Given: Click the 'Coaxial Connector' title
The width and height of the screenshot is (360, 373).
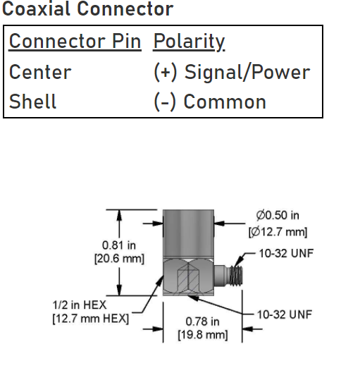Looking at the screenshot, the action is pos(87,8).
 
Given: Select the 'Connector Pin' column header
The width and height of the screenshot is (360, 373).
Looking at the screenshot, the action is pos(75,41).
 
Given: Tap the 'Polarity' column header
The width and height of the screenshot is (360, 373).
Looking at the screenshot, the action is pos(189,42).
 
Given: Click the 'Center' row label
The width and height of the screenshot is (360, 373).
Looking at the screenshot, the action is pos(40,72).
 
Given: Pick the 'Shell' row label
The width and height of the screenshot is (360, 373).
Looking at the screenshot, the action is pos(32,101).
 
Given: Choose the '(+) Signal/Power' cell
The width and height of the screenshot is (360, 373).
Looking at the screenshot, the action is pos(232,72).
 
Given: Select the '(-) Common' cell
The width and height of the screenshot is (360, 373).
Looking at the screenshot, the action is pos(210,102).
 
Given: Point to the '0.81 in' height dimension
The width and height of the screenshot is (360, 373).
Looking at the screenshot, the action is pos(119,245).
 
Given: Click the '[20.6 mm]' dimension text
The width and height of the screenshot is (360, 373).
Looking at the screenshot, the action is pos(119,259).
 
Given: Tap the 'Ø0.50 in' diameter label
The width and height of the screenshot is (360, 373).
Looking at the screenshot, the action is pos(278,215).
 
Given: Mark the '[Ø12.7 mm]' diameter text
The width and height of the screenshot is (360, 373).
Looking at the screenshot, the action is pos(278,232).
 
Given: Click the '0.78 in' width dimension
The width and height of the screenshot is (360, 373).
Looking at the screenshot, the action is pos(202,322).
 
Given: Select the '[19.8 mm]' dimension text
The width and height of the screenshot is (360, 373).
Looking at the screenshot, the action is pos(203,335).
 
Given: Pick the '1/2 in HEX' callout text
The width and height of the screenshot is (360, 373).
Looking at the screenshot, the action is pos(80,305).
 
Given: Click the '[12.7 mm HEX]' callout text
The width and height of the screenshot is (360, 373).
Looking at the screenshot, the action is pos(91,319).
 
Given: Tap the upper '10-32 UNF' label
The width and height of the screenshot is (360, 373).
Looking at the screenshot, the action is pos(286,253).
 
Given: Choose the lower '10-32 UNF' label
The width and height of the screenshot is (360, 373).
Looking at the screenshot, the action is pos(285,314).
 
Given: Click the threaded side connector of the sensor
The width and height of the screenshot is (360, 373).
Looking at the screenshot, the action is pos(228,276).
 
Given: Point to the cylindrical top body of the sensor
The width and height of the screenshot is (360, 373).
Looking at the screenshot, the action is pos(188,233).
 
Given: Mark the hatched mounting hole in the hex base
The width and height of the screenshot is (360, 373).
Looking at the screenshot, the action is pos(188,279).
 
